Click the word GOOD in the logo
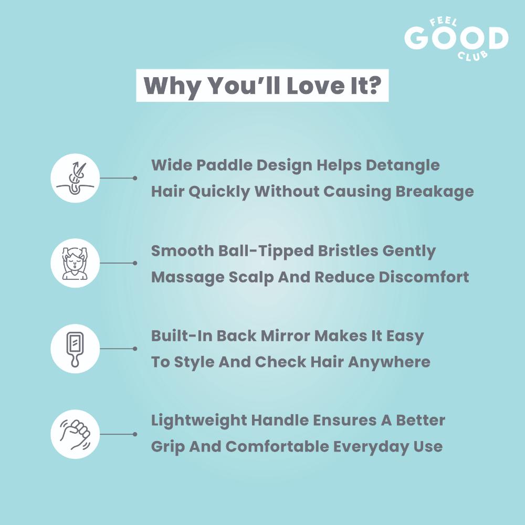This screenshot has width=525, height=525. point(456,38)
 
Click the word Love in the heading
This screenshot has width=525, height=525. point(315,86)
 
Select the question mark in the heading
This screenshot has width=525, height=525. point(374,86)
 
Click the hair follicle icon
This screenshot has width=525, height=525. point(75,178)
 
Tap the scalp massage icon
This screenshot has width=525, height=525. point(75,263)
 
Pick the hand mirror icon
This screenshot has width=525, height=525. point(75,349)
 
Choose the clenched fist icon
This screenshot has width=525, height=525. point(75,434)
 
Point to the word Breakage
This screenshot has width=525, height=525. point(435,192)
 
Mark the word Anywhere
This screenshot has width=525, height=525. point(389,362)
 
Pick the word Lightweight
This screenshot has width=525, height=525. point(198,421)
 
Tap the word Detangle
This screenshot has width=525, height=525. point(403,166)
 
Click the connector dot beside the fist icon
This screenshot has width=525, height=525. point(135,434)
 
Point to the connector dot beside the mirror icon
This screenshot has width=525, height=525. point(135,349)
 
